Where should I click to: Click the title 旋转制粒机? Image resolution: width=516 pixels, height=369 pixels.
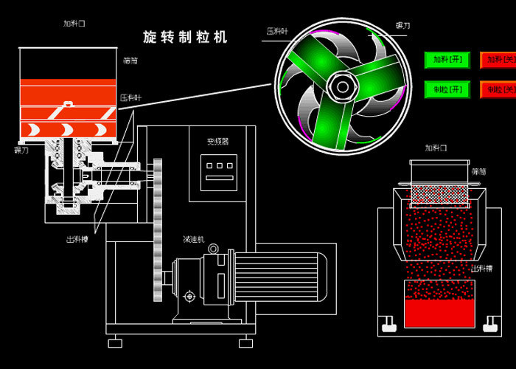click(185, 37)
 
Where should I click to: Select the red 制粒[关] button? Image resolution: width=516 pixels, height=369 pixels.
click(498, 89)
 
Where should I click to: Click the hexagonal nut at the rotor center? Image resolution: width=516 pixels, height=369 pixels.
click(341, 86)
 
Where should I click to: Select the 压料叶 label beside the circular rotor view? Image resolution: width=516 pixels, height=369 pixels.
click(278, 31)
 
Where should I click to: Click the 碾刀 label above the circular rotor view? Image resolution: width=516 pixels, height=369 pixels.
click(403, 25)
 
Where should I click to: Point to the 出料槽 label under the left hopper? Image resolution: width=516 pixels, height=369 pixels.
click(77, 238)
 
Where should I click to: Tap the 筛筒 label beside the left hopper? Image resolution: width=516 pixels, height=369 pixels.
click(130, 61)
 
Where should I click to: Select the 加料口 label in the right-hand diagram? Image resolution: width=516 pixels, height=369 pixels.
click(436, 148)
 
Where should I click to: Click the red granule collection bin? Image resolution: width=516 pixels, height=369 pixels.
click(439, 303)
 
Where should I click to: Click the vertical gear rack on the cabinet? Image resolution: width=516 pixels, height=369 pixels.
click(157, 229)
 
